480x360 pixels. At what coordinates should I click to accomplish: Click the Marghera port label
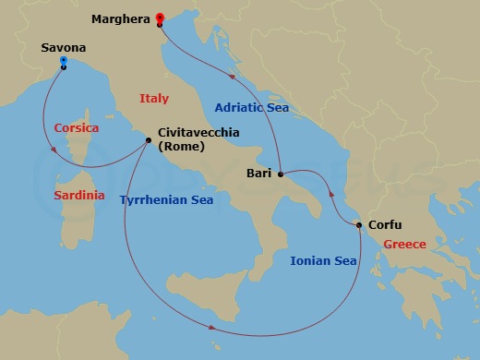(122, 18)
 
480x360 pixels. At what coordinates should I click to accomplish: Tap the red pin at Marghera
(160, 18)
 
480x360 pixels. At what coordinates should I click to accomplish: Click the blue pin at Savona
(63, 62)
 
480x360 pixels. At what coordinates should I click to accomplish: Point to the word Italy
(154, 98)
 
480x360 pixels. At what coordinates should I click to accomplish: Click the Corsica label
(77, 127)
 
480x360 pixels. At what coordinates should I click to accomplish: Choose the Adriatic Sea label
(252, 108)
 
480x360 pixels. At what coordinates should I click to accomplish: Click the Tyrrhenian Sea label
(167, 198)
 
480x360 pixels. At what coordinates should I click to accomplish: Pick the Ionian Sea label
(323, 261)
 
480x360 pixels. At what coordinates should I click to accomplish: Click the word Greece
(404, 245)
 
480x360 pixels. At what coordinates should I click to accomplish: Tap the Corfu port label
(386, 224)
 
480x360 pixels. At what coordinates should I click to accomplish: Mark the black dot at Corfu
(359, 225)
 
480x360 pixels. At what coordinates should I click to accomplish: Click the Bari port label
(259, 173)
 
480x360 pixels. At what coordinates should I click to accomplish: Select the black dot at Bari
(280, 173)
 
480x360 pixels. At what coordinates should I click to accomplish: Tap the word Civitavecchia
(198, 133)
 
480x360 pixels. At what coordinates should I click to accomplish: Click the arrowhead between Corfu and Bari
(330, 195)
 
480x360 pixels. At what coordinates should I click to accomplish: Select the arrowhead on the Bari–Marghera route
(232, 91)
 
